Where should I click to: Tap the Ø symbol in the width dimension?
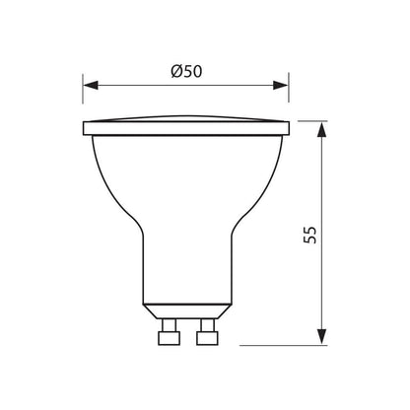click(174, 71)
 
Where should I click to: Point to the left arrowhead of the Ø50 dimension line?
click(87, 85)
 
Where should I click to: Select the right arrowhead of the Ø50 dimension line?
click(286, 85)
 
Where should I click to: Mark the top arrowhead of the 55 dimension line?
click(323, 125)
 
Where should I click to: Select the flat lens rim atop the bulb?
click(186, 127)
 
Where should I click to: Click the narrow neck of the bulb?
click(186, 276)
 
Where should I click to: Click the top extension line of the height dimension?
click(310, 120)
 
